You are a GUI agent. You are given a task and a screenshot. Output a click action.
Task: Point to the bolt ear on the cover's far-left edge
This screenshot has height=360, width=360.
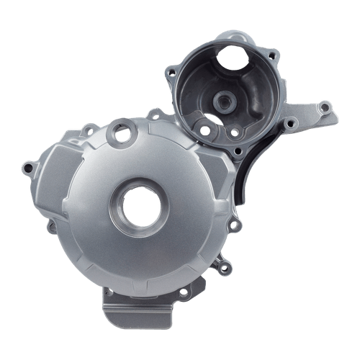[27, 168]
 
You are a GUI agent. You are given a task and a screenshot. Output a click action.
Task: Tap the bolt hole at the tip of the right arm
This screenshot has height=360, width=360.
[325, 109]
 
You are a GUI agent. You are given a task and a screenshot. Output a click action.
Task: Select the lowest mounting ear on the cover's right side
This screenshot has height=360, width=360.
[225, 268]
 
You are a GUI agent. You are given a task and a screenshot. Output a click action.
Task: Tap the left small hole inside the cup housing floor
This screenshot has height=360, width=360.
[204, 130]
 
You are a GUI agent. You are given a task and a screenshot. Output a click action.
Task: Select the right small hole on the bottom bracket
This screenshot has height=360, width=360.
[183, 292]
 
